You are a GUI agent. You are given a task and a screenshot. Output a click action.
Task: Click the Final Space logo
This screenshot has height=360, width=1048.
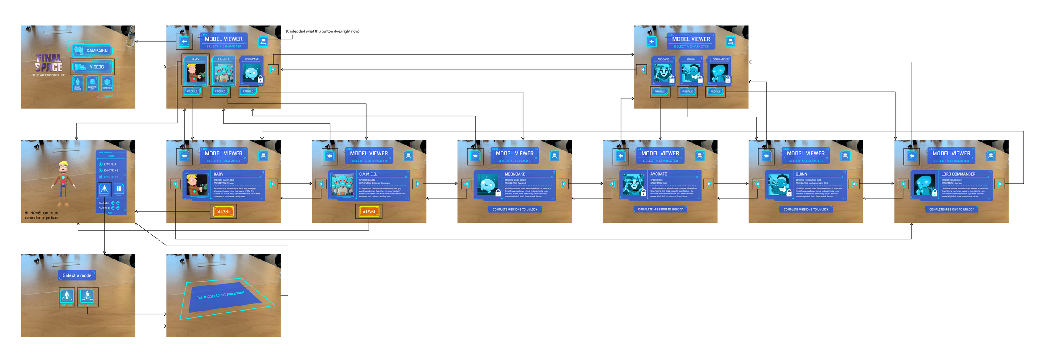coord(49,64)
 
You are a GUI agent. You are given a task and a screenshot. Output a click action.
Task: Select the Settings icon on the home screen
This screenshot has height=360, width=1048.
coord(107,83)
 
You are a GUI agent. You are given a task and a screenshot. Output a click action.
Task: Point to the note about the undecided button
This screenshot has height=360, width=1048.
coord(322,31)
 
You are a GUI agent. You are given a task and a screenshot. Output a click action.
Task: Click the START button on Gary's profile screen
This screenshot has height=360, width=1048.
coord(223,212)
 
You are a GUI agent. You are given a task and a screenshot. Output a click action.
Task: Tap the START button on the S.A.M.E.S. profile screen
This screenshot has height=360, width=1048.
coord(369,212)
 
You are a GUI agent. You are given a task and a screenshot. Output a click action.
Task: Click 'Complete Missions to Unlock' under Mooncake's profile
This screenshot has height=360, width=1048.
coord(515,210)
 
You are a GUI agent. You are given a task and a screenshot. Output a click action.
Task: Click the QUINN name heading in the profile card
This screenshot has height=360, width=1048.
coord(802,174)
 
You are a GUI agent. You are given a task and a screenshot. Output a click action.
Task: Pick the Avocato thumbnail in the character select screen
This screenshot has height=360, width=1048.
coord(663,73)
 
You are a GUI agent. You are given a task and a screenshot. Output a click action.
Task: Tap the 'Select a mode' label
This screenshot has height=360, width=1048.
coord(77,275)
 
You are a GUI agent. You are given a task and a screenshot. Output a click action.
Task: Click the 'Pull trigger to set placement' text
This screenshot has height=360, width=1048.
coord(220,295)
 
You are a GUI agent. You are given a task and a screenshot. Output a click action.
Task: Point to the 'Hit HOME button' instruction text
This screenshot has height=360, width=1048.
coord(42,215)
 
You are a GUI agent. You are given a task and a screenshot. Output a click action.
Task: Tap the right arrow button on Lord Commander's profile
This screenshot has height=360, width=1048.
coord(1000,184)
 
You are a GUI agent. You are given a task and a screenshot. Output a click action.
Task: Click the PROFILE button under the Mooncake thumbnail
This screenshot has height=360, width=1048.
coord(248,91)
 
